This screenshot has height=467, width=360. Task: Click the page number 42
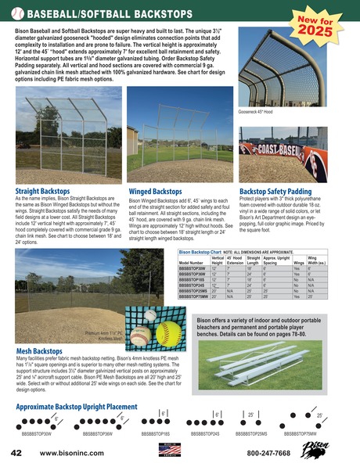point(16,452)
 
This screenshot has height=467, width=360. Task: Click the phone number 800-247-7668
point(268,452)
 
